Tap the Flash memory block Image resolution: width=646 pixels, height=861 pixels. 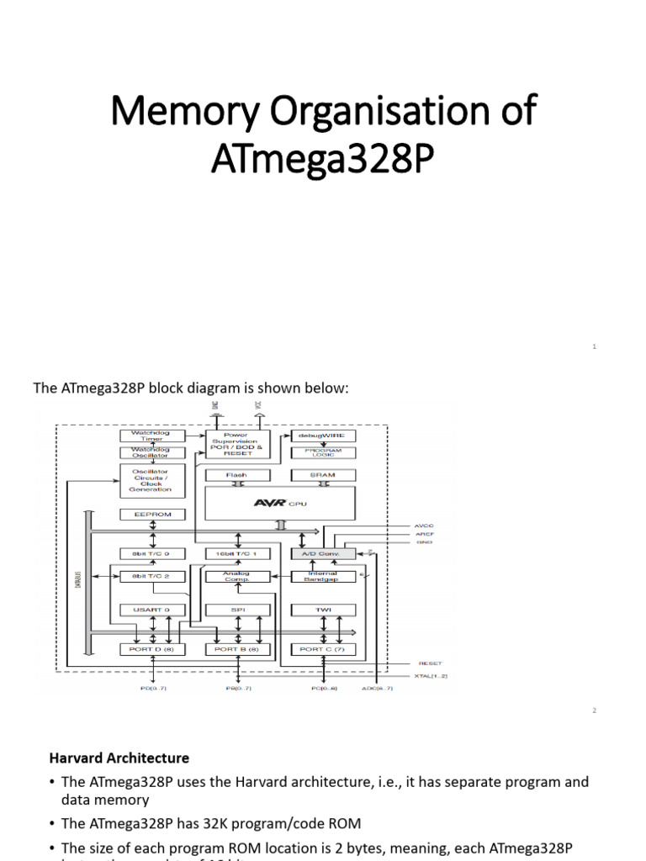(237, 475)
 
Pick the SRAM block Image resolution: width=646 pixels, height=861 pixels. (323, 475)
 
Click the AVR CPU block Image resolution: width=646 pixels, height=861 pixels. (279, 503)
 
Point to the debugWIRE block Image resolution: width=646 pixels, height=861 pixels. (323, 436)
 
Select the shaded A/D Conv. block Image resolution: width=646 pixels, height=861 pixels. (323, 554)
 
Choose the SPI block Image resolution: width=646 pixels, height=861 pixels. (237, 609)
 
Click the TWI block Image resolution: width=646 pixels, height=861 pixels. (323, 609)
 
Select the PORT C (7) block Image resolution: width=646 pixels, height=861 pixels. (323, 649)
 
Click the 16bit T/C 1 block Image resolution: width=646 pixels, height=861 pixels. (237, 554)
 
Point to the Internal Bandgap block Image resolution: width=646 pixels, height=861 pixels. (323, 576)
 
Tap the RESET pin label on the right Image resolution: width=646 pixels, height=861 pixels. (430, 663)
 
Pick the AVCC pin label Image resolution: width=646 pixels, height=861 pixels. (424, 526)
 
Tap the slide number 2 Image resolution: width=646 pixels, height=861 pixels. (594, 710)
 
